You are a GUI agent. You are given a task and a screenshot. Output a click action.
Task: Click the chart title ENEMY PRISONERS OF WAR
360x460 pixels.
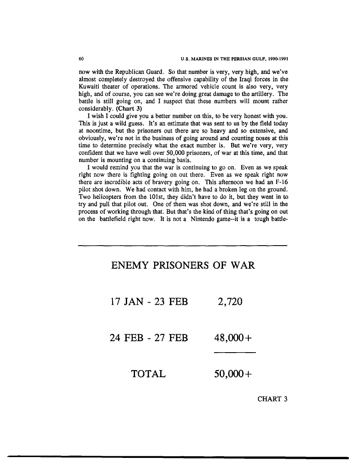(183, 265)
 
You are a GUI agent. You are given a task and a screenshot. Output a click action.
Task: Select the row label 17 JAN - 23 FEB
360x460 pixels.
(149, 301)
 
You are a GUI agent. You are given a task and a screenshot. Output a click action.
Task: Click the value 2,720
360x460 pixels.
(230, 301)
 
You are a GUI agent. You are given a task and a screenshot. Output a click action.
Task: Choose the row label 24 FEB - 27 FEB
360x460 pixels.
(149, 338)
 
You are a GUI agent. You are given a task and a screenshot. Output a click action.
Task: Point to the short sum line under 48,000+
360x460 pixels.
(234, 353)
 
